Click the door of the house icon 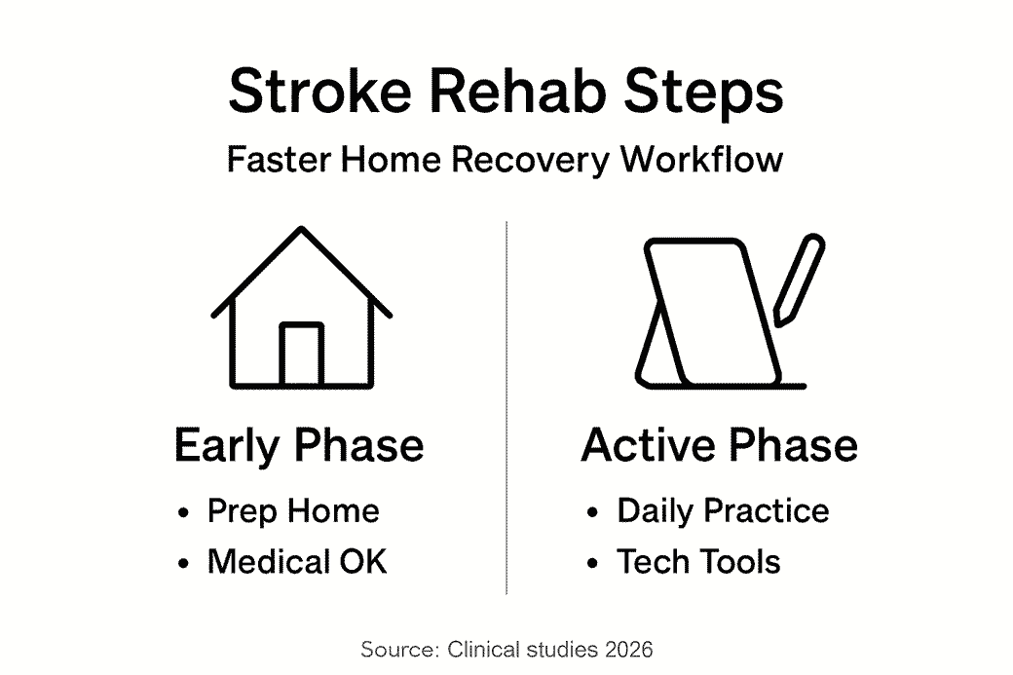pyautogui.click(x=301, y=354)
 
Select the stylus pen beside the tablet pyautogui.click(x=799, y=279)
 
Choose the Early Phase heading pyautogui.click(x=299, y=445)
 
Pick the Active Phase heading pyautogui.click(x=719, y=445)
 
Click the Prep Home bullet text pyautogui.click(x=293, y=511)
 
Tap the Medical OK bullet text pyautogui.click(x=297, y=562)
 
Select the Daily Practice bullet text pyautogui.click(x=723, y=511)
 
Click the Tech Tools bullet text pyautogui.click(x=698, y=562)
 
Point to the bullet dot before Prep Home pyautogui.click(x=184, y=513)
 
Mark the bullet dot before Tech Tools pyautogui.click(x=593, y=564)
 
